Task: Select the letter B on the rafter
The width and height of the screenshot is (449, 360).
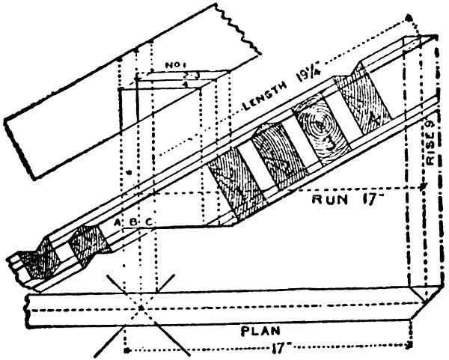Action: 132,222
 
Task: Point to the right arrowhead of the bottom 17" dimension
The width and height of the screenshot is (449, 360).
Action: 411,347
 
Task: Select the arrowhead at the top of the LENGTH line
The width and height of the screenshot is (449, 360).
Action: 408,15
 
